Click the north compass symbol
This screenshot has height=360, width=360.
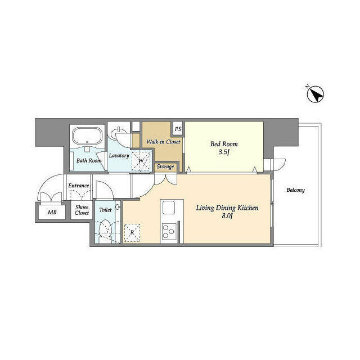tap(314, 94)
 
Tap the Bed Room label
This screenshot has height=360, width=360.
tap(223, 144)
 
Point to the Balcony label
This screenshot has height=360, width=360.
tap(295, 190)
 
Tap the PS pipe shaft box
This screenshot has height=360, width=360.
tap(178, 129)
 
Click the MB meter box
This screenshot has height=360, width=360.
tap(52, 212)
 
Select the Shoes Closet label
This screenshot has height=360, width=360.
tap(82, 210)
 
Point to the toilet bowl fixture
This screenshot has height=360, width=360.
tap(103, 229)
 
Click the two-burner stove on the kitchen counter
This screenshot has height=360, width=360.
tap(169, 229)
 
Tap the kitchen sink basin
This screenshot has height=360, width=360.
tap(169, 208)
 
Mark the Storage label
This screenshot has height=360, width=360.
tap(165, 166)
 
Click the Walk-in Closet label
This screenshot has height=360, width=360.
tap(163, 142)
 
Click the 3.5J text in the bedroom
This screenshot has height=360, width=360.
tap(224, 152)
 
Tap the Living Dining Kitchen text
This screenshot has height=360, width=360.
tap(227, 208)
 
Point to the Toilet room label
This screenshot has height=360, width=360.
tap(105, 209)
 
